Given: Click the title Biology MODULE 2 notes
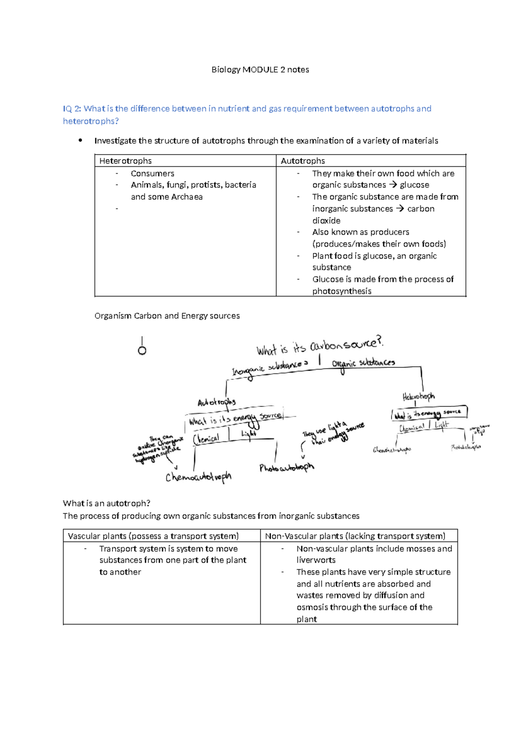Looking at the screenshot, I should (260, 70).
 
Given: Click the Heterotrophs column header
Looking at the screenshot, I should (125, 161).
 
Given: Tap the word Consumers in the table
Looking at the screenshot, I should (152, 174).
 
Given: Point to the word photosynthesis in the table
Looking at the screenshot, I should (342, 291).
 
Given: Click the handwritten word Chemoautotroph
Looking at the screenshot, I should (198, 477).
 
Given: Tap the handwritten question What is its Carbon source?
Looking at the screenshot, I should (320, 346).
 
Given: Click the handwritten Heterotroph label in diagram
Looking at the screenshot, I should (418, 396).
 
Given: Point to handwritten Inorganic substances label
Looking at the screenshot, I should (269, 368).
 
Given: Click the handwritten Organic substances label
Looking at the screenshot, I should (363, 363).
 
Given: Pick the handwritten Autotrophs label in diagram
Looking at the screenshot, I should (216, 402).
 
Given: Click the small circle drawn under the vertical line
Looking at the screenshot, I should (142, 351).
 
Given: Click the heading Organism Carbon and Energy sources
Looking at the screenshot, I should (167, 316).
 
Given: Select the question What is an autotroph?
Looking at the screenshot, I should (106, 503).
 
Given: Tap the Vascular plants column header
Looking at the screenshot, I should (153, 536).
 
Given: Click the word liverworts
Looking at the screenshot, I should (316, 560).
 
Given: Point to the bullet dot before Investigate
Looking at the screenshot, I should (80, 140).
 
